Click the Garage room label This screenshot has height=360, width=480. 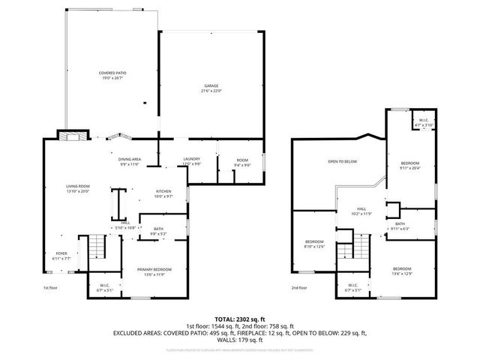click(x=211, y=88)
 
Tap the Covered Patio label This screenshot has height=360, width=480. click(x=112, y=74)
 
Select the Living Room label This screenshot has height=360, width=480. click(x=77, y=188)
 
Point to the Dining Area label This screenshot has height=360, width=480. click(x=129, y=161)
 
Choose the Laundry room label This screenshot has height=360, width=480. click(x=191, y=161)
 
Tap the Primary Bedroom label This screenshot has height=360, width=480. click(x=154, y=271)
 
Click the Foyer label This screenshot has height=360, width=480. click(x=62, y=256)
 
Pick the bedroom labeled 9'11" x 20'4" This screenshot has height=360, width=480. click(x=409, y=166)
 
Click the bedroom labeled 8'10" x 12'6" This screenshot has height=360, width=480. click(x=314, y=244)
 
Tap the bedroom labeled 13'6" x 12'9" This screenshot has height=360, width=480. click(x=403, y=271)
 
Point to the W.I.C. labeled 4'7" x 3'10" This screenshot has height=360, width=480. click(x=423, y=122)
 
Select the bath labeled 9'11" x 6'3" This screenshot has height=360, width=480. click(x=400, y=226)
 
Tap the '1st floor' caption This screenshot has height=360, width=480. click(x=50, y=288)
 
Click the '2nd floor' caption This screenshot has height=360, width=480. click(x=299, y=288)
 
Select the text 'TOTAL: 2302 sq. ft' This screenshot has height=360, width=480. click(x=239, y=319)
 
